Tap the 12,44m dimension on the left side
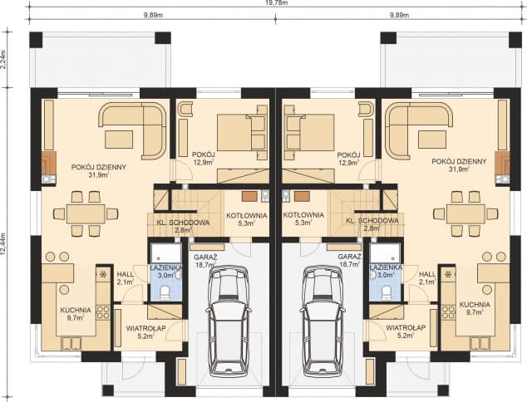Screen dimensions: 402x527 click(x=6, y=244)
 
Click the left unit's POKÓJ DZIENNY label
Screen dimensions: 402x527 click(x=98, y=170)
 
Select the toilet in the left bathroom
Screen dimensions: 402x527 click(x=165, y=292)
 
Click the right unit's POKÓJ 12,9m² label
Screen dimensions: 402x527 click(x=348, y=159)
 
